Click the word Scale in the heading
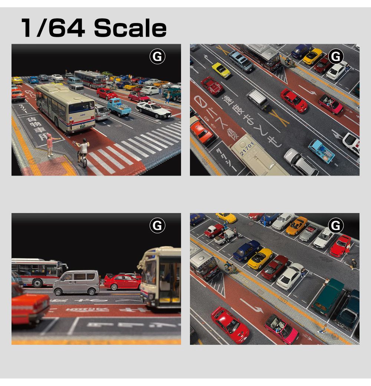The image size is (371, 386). pos(130,29)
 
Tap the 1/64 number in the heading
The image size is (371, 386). pos(52,29)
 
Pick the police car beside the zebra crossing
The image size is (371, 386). pos(154,109)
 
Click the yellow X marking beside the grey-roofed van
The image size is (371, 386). pos(279,118)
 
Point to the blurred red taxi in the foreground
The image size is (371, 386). pos(29,306)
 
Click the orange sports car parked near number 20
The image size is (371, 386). pos(296,225)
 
